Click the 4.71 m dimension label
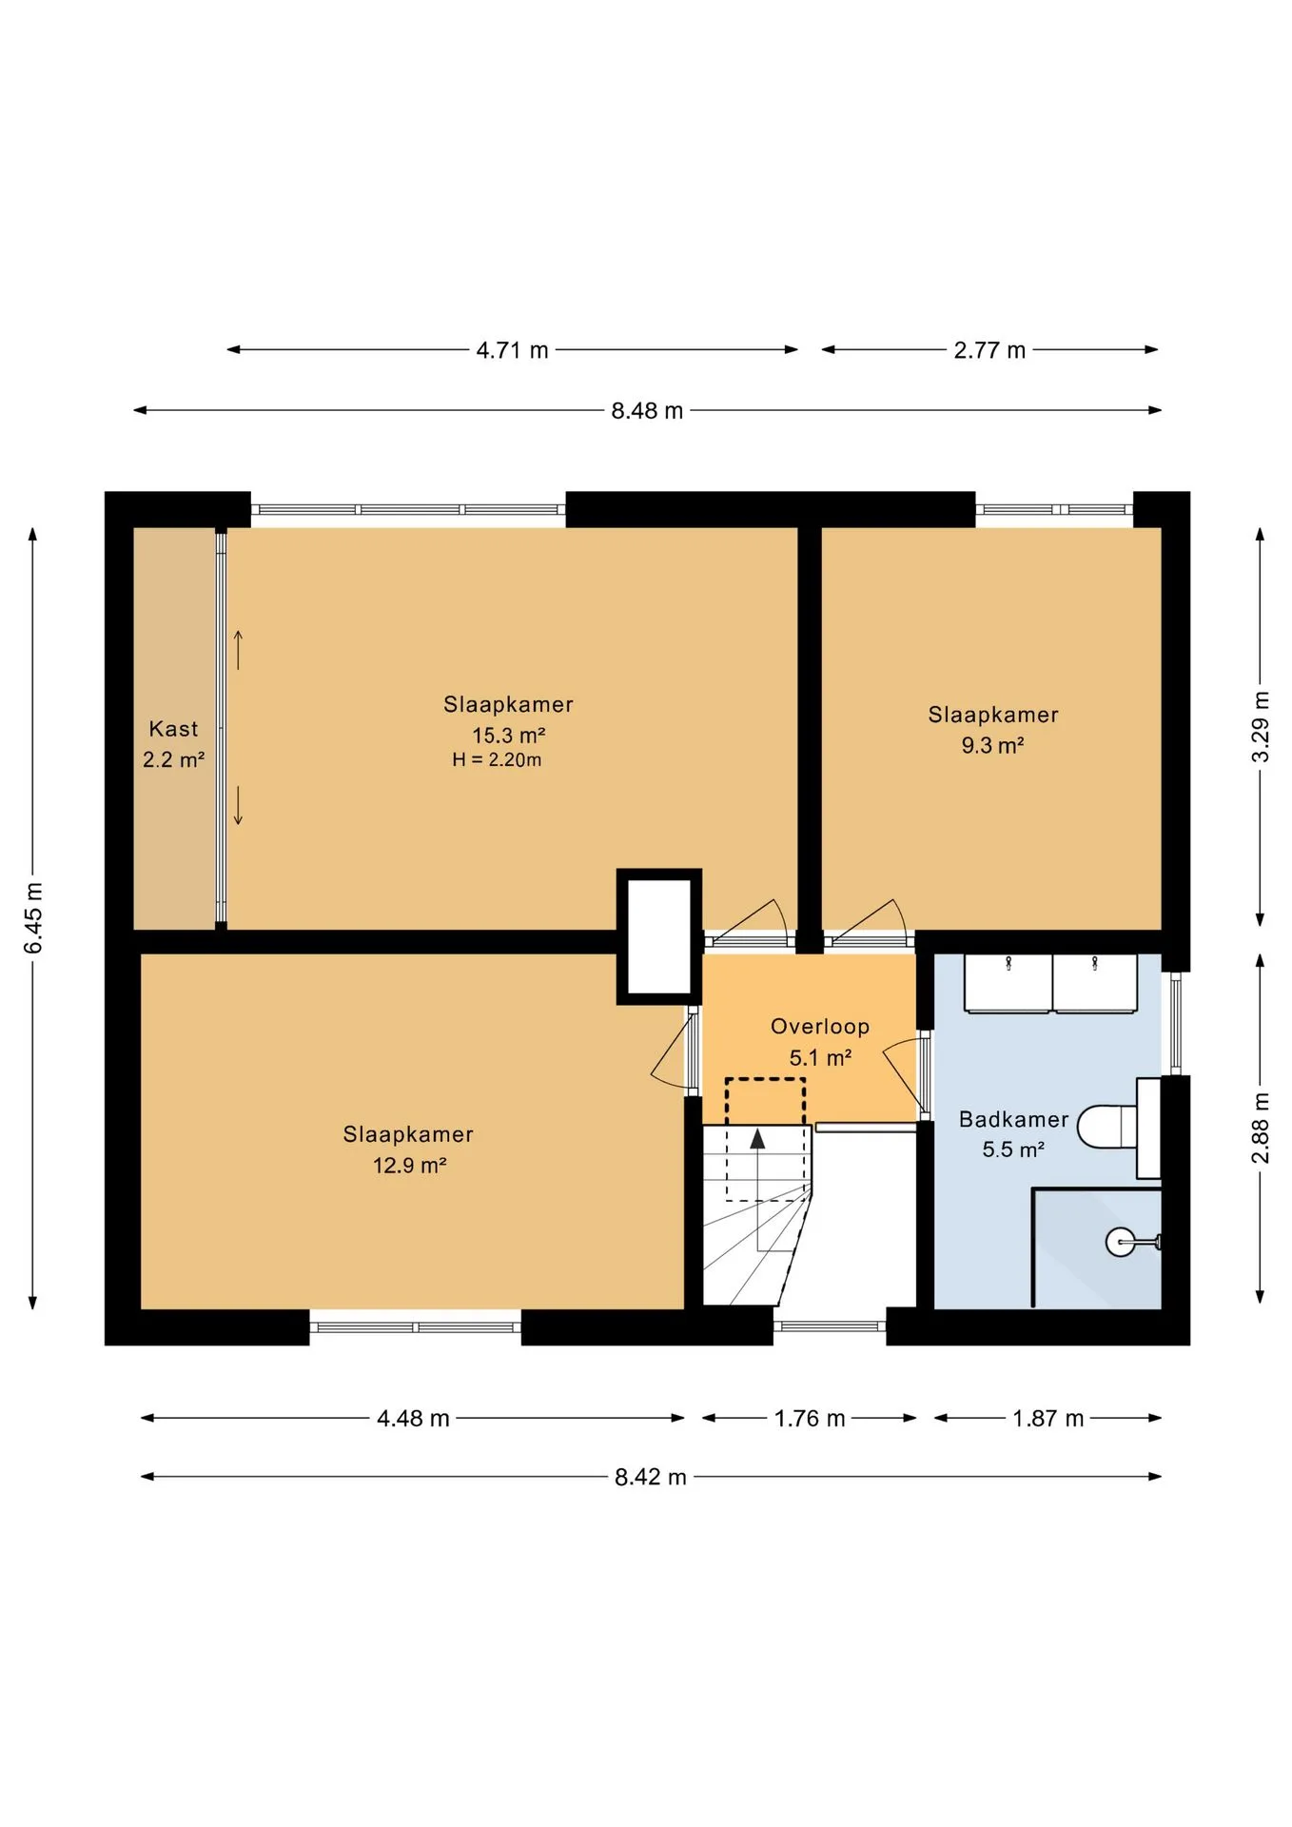(x=512, y=350)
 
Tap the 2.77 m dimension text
(x=989, y=350)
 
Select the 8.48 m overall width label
(x=647, y=411)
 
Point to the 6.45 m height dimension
(x=33, y=918)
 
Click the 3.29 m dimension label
(x=1261, y=727)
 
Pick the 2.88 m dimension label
(x=1261, y=1128)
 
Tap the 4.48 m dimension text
(x=413, y=1419)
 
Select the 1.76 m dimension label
(x=810, y=1419)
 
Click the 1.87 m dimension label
(x=1048, y=1419)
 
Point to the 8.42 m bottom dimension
(x=651, y=1477)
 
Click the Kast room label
(x=173, y=729)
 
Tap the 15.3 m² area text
(x=509, y=736)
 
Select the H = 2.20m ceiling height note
(x=497, y=760)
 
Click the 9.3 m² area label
(x=992, y=745)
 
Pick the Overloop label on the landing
(x=820, y=1027)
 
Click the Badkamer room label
(x=1013, y=1119)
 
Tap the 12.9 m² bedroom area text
(x=410, y=1166)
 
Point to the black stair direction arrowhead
(x=758, y=1138)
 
